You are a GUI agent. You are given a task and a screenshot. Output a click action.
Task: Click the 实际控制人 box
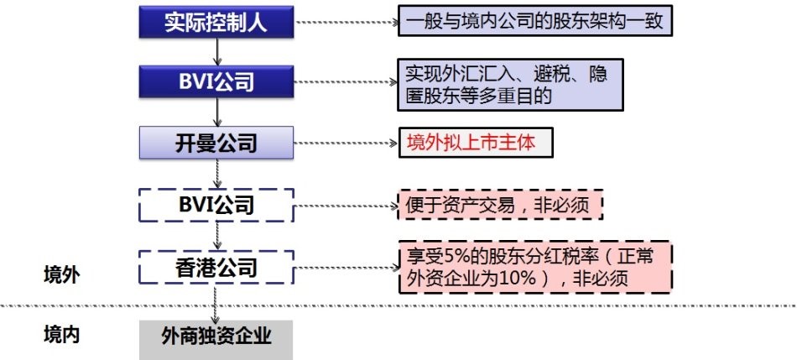(216, 23)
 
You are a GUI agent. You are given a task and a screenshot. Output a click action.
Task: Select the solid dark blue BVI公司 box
(216, 83)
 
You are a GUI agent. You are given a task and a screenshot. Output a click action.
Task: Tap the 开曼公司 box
(216, 143)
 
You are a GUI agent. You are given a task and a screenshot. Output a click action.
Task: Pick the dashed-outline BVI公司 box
(216, 204)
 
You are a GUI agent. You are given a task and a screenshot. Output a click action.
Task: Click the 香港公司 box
(216, 269)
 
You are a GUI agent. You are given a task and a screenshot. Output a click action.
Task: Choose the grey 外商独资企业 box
(216, 337)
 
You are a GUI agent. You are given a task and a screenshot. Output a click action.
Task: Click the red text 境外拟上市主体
(476, 142)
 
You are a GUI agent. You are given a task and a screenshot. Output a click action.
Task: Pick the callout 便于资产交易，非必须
(501, 204)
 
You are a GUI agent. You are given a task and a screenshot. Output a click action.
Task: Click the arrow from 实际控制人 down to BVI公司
(216, 52)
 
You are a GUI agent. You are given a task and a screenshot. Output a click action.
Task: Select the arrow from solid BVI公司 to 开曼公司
(216, 112)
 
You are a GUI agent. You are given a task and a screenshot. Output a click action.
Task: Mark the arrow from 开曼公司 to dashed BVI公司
(216, 174)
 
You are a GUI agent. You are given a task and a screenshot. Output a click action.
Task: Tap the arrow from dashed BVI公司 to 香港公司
(216, 235)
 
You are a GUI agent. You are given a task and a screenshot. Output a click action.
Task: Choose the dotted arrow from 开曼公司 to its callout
(346, 143)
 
